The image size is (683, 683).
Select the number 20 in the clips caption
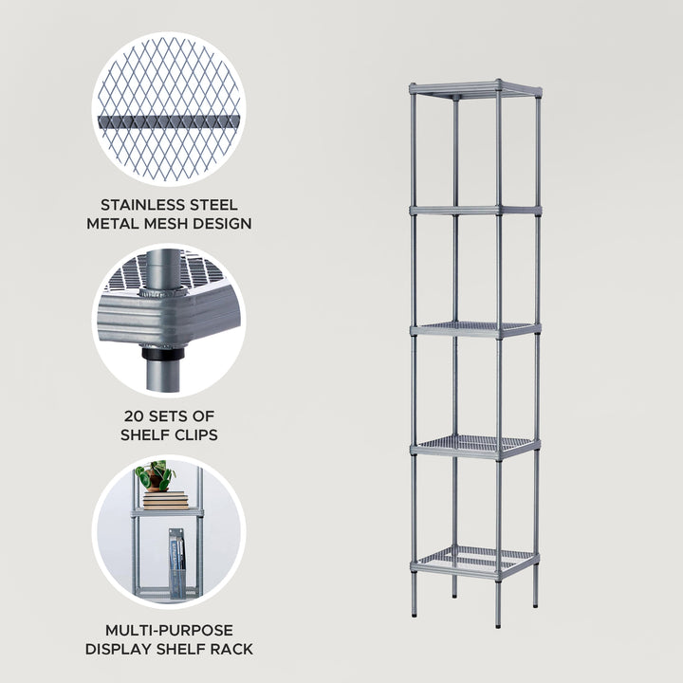pos(131,415)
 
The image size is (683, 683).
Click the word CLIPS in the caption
pos(194,434)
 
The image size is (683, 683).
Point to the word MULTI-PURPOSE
pos(168,630)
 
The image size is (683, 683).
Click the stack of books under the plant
pos(165,500)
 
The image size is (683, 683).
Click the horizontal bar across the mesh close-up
pos(168,122)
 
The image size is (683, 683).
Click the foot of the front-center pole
pos(498,624)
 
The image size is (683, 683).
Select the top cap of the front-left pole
pos(414,87)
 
